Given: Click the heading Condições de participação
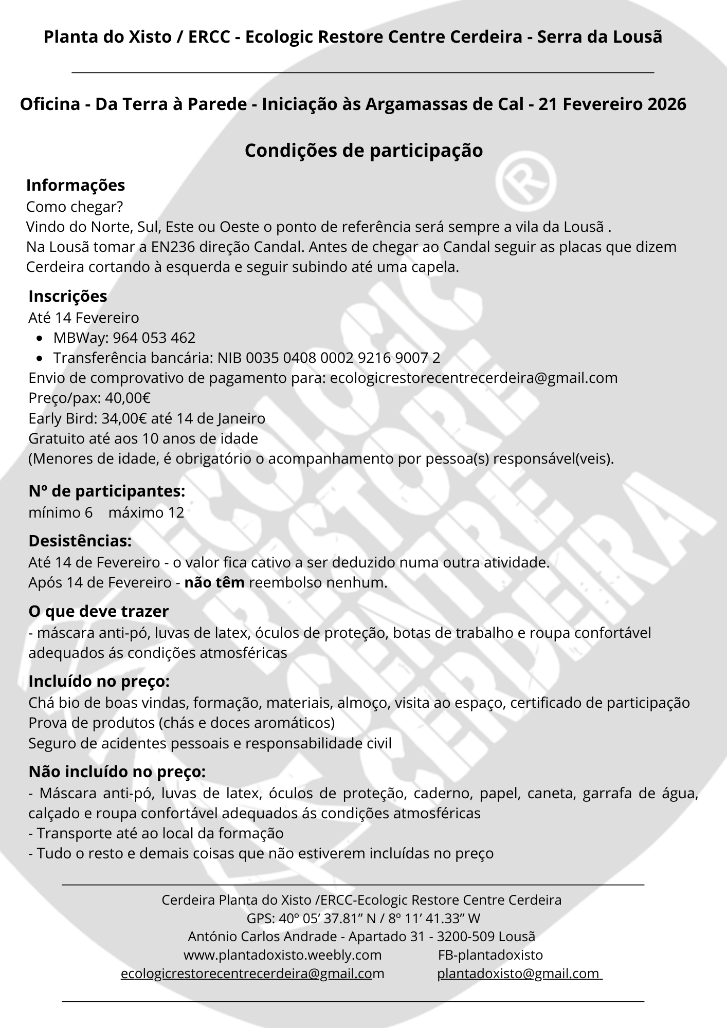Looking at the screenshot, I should pyautogui.click(x=364, y=150).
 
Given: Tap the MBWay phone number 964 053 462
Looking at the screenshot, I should pyautogui.click(x=154, y=338).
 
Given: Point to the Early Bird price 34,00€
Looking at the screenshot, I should pyautogui.click(x=124, y=418).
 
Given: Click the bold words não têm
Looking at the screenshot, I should pyautogui.click(x=214, y=583).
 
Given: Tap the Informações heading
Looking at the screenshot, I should pyautogui.click(x=76, y=185).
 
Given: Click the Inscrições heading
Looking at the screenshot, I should pyautogui.click(x=68, y=296).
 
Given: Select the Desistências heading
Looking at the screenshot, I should pyautogui.click(x=80, y=541).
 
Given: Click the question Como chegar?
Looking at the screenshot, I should pyautogui.click(x=75, y=207).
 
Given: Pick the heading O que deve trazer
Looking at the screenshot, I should pyautogui.click(x=99, y=611).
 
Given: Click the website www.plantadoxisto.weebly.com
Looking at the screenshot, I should pyautogui.click(x=282, y=955).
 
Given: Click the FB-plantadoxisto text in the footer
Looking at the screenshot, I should pyautogui.click(x=490, y=955).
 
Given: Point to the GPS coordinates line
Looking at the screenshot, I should pyautogui.click(x=363, y=918).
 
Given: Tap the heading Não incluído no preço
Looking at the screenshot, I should pyautogui.click(x=117, y=772).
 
